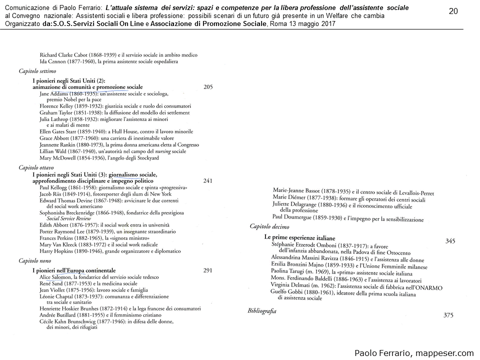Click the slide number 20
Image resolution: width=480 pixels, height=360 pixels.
(453, 11)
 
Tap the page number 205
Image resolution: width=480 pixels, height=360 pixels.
(208, 86)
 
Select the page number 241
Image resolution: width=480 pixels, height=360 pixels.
(208, 180)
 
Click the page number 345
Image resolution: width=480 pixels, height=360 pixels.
(450, 241)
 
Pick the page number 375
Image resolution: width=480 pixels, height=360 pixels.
(448, 315)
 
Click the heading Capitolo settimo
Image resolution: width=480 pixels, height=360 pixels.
(37, 71)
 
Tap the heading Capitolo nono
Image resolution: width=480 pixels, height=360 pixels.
(35, 260)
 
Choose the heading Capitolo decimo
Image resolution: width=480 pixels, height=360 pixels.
(270, 226)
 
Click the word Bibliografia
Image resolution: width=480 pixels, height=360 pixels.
(262, 310)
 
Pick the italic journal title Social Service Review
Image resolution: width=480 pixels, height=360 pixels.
(68, 218)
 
